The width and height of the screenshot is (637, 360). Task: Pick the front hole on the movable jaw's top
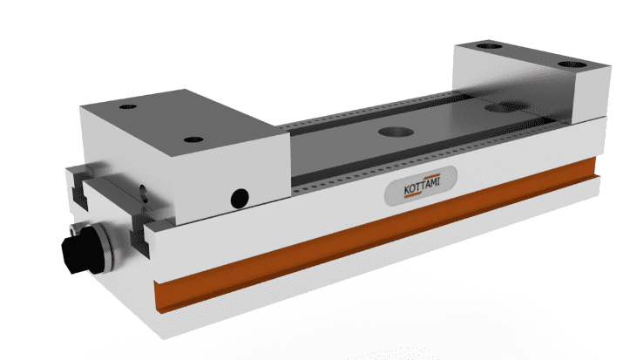[191, 139]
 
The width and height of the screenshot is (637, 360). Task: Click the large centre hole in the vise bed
[396, 131]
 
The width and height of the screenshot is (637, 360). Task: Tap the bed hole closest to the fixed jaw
[501, 108]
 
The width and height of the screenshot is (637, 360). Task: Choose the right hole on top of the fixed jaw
[574, 65]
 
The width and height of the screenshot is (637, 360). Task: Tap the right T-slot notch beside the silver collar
[137, 234]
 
